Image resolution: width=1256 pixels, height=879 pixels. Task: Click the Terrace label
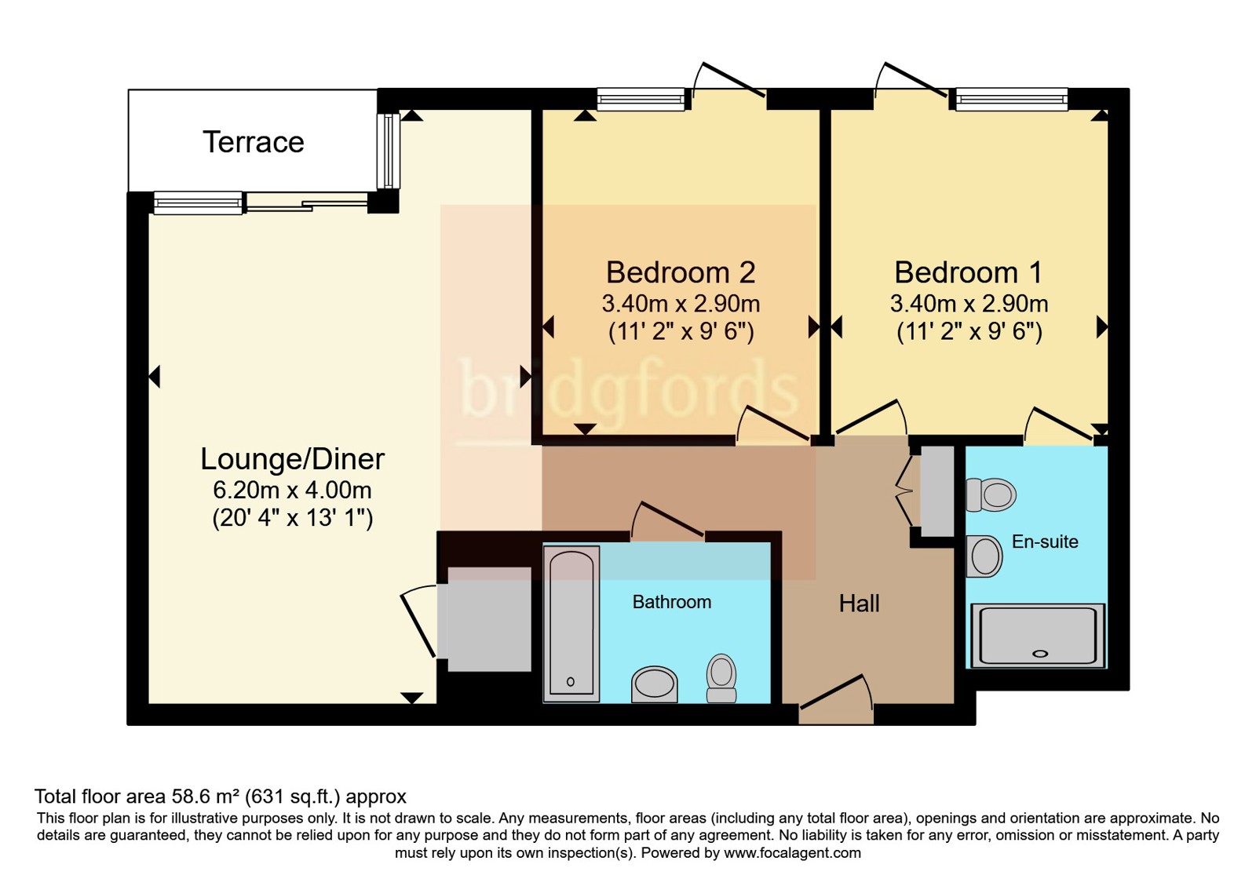click(x=253, y=142)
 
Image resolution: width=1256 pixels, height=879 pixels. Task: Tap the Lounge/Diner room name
click(x=292, y=459)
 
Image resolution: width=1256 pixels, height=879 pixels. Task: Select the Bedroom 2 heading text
click(x=680, y=272)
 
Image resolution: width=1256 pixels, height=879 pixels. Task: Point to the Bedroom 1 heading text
click(x=968, y=272)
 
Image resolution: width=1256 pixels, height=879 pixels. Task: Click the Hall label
click(x=859, y=604)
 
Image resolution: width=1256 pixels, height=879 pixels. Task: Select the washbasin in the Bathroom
click(x=654, y=684)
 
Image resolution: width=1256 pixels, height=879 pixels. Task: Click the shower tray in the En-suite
click(x=1038, y=635)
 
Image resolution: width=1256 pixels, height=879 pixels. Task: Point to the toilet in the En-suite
click(x=991, y=495)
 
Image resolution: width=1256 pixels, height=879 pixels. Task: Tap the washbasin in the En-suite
click(x=984, y=556)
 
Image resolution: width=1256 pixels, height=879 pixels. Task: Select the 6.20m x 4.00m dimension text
click(x=292, y=491)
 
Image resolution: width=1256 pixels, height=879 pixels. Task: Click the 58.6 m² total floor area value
click(x=205, y=797)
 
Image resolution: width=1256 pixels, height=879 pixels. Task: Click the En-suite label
click(x=1044, y=542)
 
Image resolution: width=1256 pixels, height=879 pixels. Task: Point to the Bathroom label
click(x=672, y=602)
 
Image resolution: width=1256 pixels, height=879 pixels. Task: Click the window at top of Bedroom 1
click(x=1011, y=99)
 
